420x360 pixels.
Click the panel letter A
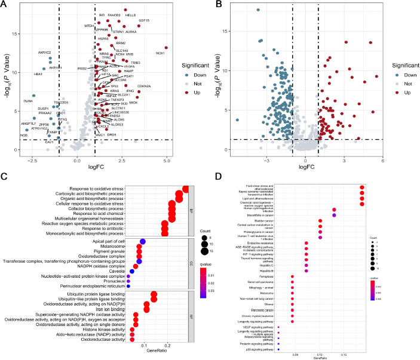5,5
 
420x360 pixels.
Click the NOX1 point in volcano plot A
167,48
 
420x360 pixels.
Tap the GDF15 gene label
144,20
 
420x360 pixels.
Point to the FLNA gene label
28,101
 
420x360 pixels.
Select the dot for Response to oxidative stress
186,189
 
